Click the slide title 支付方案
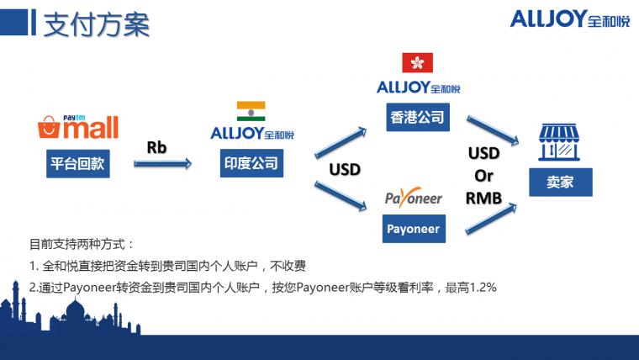pyautogui.click(x=97, y=24)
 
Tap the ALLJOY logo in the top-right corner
pyautogui.click(x=570, y=19)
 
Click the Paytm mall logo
pyautogui.click(x=78, y=127)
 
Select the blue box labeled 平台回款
pyautogui.click(x=78, y=163)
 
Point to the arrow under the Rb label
pyautogui.click(x=162, y=164)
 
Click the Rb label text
pyautogui.click(x=156, y=147)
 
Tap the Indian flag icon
pyautogui.click(x=251, y=111)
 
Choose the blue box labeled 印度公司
pyautogui.click(x=251, y=163)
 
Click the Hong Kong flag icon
pyautogui.click(x=417, y=62)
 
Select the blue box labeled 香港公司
pyautogui.click(x=418, y=118)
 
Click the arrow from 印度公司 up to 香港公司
pyautogui.click(x=341, y=142)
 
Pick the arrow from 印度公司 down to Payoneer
pyautogui.click(x=341, y=197)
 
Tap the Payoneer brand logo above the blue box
pyautogui.click(x=413, y=198)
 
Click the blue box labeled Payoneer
pyautogui.click(x=414, y=229)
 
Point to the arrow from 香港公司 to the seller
pyautogui.click(x=493, y=130)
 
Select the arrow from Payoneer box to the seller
pyautogui.click(x=491, y=219)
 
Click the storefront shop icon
pyautogui.click(x=559, y=142)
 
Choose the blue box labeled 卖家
pyautogui.click(x=561, y=183)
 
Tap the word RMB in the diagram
pyautogui.click(x=483, y=199)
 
